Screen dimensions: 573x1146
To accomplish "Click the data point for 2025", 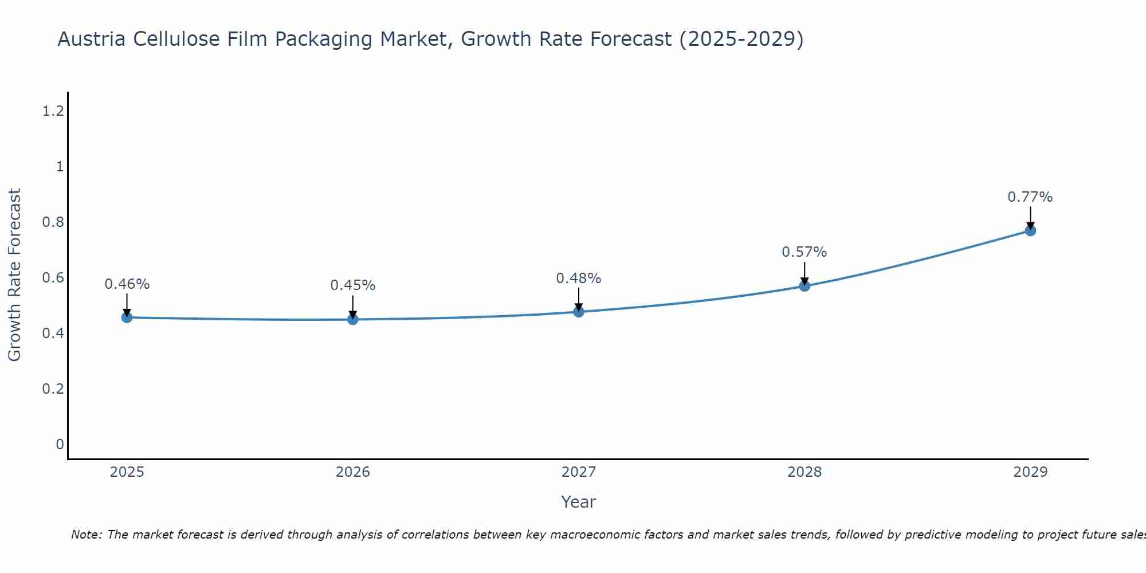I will (127, 317).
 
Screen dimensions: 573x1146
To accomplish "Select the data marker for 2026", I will (353, 319).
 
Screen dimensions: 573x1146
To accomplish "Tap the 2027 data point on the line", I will (579, 312).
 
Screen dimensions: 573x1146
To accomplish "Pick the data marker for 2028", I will (804, 286).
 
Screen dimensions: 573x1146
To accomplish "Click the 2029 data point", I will (1030, 230).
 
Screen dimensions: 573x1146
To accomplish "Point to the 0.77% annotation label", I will (1030, 197).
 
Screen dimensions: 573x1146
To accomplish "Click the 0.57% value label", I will (804, 252).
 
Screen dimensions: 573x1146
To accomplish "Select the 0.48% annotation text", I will (578, 278).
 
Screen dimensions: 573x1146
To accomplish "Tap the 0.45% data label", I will (352, 285).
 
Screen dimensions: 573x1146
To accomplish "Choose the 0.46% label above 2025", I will (127, 284).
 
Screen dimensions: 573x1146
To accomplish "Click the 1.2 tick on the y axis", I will (53, 111).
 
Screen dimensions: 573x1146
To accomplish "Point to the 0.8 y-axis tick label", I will (53, 222).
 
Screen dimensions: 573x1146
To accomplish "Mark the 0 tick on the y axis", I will (60, 445).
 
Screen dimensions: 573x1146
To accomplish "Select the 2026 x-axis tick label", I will (353, 472).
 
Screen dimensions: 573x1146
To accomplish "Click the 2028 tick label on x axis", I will (804, 472).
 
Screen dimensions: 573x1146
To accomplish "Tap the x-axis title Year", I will (578, 502).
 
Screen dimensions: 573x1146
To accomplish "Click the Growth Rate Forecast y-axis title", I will (14, 275).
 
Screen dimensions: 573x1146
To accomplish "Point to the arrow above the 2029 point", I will (1030, 218).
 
